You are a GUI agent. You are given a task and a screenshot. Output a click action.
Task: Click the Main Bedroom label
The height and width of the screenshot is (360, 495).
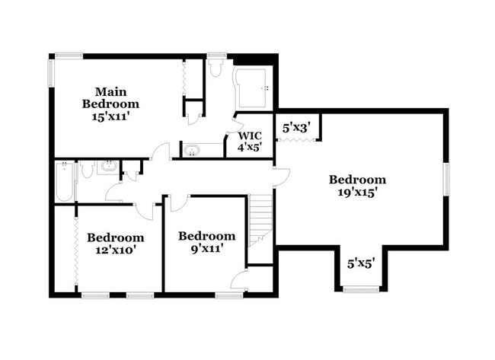tap(110, 97)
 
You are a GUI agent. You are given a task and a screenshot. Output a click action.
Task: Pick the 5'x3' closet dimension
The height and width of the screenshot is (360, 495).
tap(297, 129)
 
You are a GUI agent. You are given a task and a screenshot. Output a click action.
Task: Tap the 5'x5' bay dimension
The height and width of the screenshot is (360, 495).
tap(361, 263)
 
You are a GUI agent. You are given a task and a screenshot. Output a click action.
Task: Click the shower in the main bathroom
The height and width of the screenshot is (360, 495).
tap(251, 89)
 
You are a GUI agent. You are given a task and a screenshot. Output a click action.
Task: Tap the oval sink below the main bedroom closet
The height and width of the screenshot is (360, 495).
tap(190, 150)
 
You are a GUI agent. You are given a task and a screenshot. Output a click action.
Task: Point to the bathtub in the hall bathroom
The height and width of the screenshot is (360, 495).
tap(64, 183)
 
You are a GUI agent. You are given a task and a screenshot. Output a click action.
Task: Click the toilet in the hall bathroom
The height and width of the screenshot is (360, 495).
tap(87, 169)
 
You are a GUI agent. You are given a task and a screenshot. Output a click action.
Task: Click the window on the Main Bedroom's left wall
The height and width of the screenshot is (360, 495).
tap(52, 72)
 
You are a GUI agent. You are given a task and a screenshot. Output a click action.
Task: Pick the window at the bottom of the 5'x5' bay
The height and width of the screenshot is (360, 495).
tap(361, 289)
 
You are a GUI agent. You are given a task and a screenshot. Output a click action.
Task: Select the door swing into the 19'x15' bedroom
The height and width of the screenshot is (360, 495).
tap(282, 174)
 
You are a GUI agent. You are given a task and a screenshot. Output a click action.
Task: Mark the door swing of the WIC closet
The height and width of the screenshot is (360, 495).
tap(230, 140)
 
